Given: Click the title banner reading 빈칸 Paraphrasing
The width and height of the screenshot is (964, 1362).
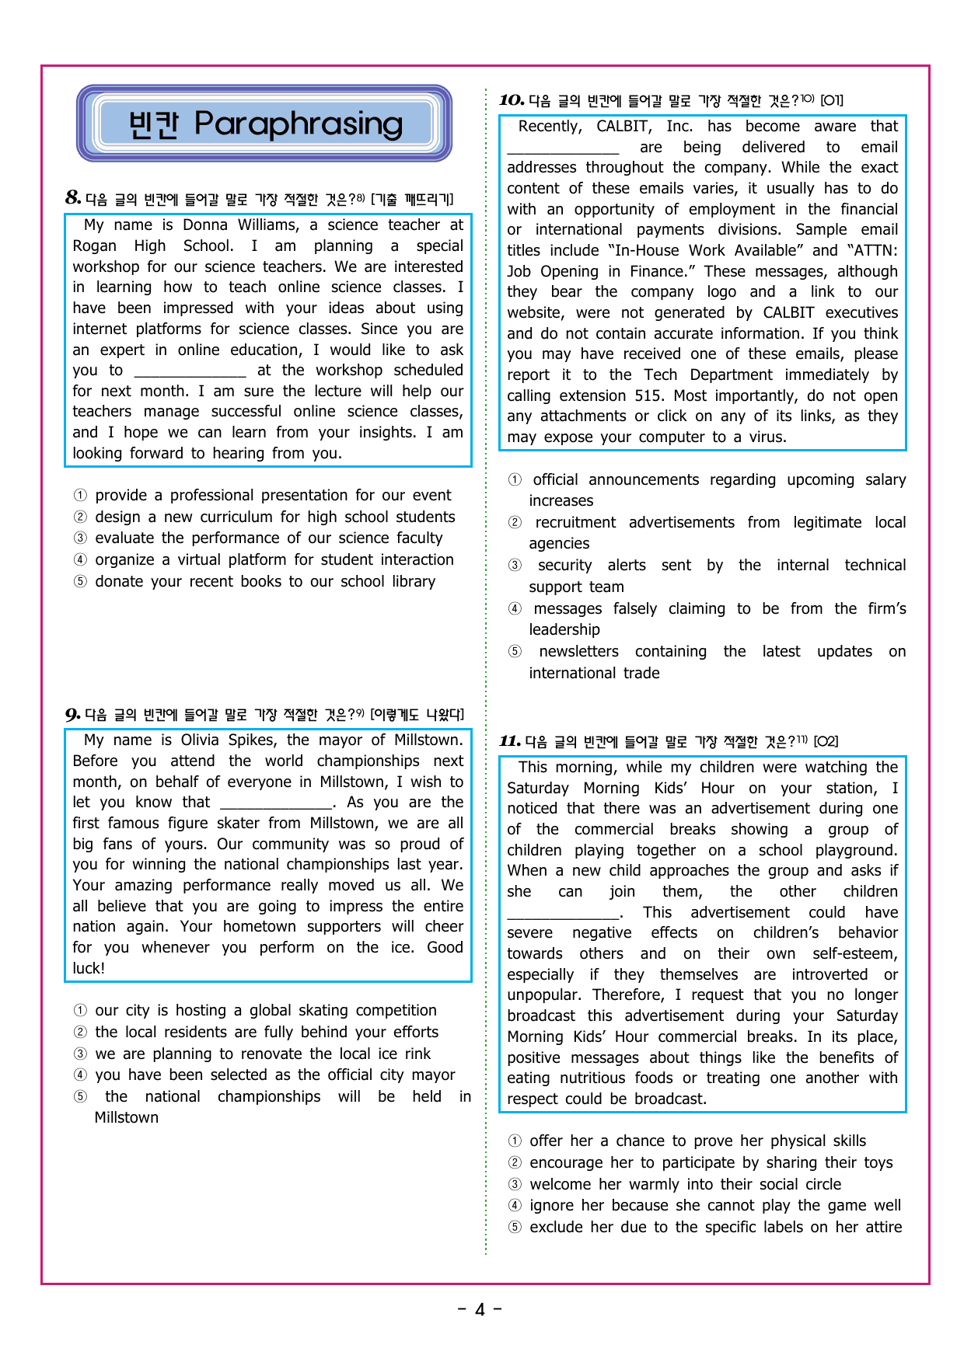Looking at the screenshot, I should [x=264, y=124].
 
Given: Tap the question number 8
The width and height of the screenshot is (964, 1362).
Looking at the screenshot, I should [x=73, y=198].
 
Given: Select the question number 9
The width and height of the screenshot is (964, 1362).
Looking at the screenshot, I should [x=72, y=715].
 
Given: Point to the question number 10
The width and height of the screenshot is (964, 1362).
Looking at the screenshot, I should [x=512, y=100].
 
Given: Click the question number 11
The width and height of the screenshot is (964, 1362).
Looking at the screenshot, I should [x=509, y=741].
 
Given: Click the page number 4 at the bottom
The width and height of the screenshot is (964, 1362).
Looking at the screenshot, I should [x=480, y=1310].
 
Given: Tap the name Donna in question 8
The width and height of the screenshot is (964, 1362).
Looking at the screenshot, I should [x=205, y=225].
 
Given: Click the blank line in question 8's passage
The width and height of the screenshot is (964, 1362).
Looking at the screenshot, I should [x=190, y=372].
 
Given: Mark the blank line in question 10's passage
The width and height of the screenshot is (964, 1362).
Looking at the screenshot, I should [x=563, y=149].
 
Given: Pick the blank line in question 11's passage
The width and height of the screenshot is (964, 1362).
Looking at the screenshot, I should [x=564, y=914].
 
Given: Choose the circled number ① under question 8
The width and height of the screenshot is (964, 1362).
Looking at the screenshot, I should [x=80, y=496].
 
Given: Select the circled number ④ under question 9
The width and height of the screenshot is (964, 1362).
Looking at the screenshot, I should [x=80, y=1075].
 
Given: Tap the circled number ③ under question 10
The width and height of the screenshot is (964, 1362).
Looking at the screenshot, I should [x=515, y=566].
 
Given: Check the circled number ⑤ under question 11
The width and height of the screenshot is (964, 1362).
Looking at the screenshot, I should [x=515, y=1228].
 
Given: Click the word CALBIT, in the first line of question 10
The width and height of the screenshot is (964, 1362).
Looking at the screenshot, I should [x=623, y=127].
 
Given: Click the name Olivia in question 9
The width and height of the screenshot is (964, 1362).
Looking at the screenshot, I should [x=200, y=740].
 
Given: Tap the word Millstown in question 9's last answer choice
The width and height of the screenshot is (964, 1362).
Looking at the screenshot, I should [x=126, y=1118].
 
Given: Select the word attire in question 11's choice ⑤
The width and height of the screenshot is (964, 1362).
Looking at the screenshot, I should [x=884, y=1228].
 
